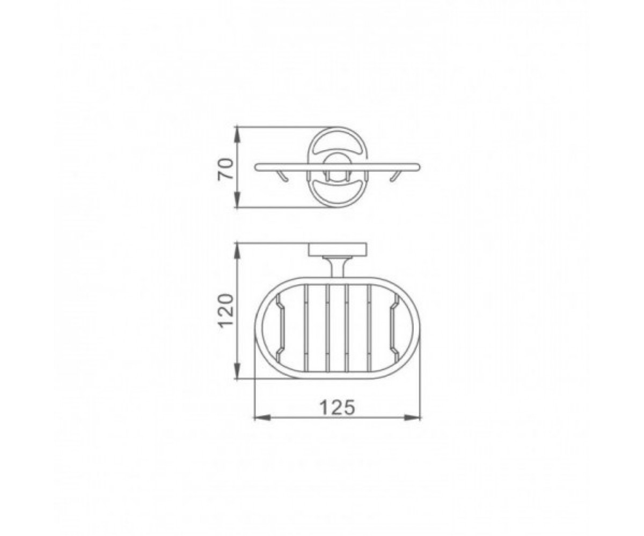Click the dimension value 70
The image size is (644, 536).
tap(225, 169)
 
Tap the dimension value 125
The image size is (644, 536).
tap(337, 407)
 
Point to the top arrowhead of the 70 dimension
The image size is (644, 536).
tap(237, 135)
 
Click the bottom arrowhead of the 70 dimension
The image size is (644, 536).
tap(237, 199)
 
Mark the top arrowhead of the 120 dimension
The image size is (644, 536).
tap(237, 252)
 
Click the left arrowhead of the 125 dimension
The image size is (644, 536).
tap(262, 418)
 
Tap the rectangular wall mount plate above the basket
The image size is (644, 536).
tap(338, 250)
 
